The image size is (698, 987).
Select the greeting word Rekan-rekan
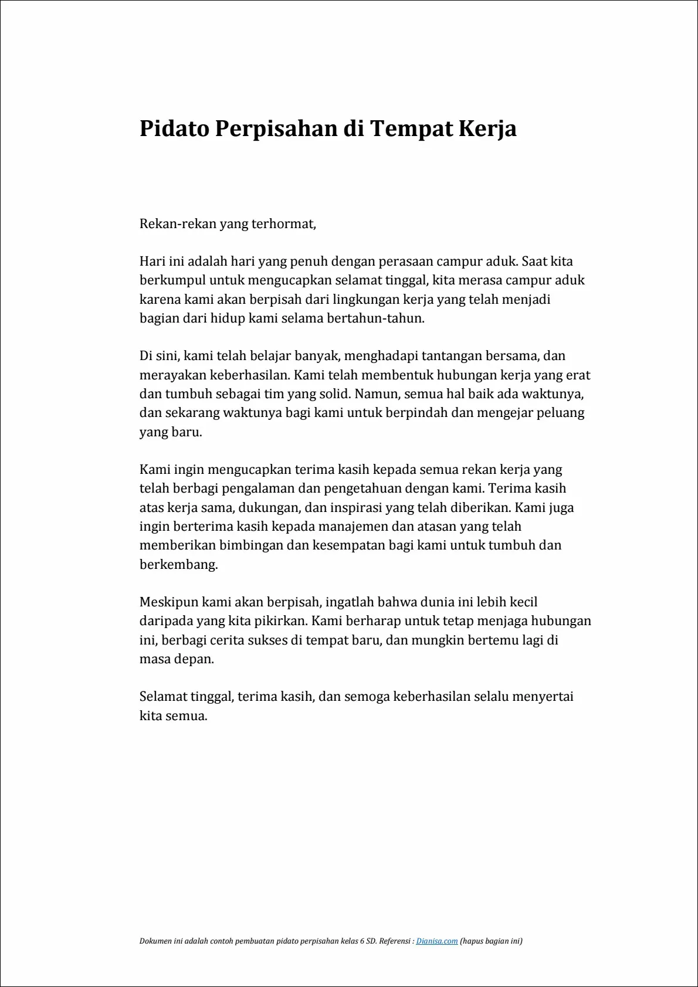178,223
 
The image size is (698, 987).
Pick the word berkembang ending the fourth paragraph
178,565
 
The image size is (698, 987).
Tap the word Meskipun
169,602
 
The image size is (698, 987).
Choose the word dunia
429,602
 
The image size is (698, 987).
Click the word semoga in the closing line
367,697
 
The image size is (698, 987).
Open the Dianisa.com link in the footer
436,941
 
